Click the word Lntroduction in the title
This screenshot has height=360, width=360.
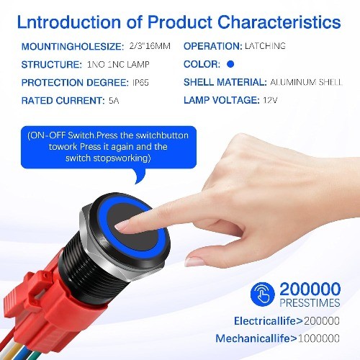pyautogui.click(x=69, y=22)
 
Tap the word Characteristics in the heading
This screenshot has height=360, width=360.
pyautogui.click(x=279, y=22)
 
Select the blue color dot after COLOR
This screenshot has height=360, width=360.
pyautogui.click(x=230, y=64)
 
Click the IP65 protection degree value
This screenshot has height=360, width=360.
pyautogui.click(x=140, y=83)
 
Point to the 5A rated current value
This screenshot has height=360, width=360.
pyautogui.click(x=114, y=100)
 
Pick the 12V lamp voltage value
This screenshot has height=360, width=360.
pyautogui.click(x=270, y=100)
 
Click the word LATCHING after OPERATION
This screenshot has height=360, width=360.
pyautogui.click(x=265, y=46)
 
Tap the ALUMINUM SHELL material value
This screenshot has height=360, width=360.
pyautogui.click(x=306, y=82)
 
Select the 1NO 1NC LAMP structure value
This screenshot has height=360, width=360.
pyautogui.click(x=118, y=64)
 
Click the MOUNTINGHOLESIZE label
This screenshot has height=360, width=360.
pyautogui.click(x=73, y=46)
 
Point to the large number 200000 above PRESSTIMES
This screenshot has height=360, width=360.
pyautogui.click(x=310, y=289)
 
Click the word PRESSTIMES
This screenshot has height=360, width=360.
pyautogui.click(x=310, y=302)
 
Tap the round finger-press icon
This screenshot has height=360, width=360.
pyautogui.click(x=262, y=294)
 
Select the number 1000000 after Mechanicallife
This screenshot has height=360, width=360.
pyautogui.click(x=319, y=338)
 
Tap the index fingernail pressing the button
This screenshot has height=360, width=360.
pyautogui.click(x=122, y=227)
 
